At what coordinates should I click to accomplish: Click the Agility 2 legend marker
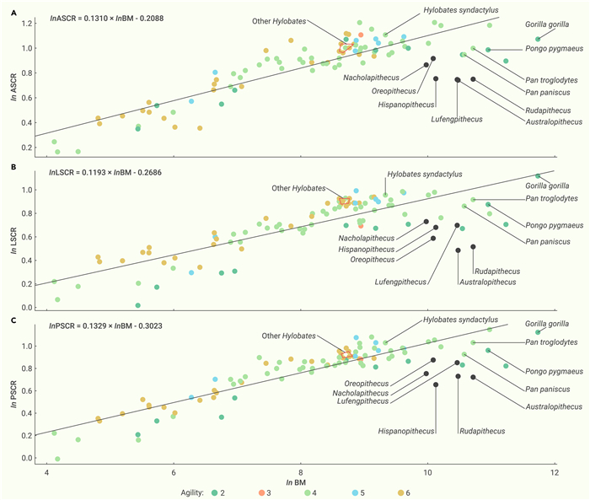[217, 492]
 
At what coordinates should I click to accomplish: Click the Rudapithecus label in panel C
[482, 431]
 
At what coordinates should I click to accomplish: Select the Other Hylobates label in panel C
[287, 336]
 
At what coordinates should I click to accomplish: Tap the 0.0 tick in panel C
[25, 458]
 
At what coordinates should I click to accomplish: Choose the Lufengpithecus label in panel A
[458, 119]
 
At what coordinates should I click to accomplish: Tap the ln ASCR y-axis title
[13, 84]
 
